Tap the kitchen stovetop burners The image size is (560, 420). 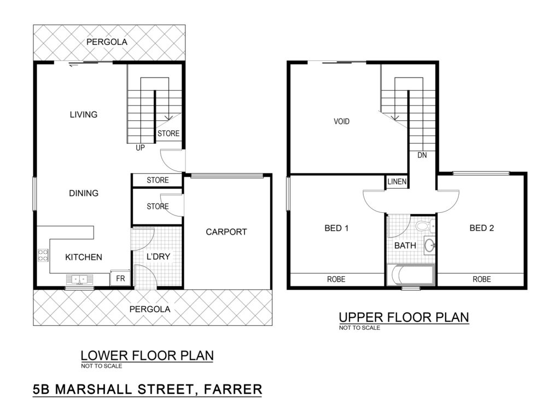(x=43, y=255)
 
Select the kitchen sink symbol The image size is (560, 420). (x=79, y=279)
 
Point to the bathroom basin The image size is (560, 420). (x=430, y=246)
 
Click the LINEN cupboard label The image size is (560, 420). (x=397, y=182)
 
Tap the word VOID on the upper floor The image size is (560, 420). (x=341, y=121)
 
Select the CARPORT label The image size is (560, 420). (x=226, y=232)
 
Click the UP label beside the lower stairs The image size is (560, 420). (x=140, y=148)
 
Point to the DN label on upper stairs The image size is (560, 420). (x=422, y=155)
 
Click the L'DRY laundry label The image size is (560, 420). (x=158, y=256)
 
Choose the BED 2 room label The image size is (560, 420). (x=481, y=228)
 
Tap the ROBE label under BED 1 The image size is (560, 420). (x=336, y=279)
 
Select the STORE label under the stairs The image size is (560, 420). (x=168, y=133)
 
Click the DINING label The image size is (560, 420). (x=84, y=193)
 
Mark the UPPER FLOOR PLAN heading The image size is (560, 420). (x=404, y=317)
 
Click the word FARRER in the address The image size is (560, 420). (x=233, y=389)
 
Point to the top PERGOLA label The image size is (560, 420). (x=107, y=42)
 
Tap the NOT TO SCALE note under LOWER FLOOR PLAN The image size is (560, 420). (x=101, y=366)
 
